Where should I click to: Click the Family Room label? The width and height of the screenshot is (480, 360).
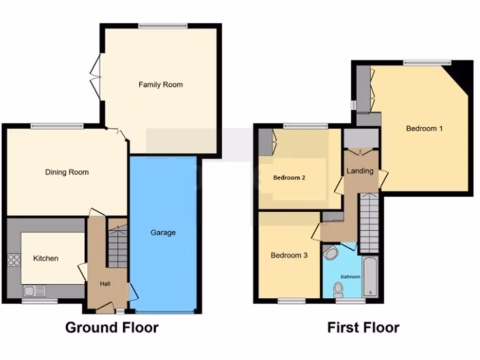click(x=160, y=85)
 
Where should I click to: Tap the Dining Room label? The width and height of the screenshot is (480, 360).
click(x=67, y=172)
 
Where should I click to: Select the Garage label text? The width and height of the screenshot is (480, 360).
click(x=163, y=232)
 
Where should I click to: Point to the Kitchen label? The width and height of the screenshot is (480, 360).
click(x=45, y=258)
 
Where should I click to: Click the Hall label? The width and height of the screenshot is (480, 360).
click(x=105, y=284)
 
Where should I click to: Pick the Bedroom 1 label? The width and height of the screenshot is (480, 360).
click(x=424, y=128)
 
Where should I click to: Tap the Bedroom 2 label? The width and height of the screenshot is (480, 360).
click(x=289, y=178)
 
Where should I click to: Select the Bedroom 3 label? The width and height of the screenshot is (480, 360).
click(x=289, y=255)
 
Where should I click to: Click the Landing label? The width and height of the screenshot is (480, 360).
click(x=360, y=171)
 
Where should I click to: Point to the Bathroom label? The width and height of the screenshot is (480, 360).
click(x=350, y=277)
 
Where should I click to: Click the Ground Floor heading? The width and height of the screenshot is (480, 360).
click(x=112, y=327)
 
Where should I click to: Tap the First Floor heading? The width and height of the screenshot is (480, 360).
click(x=363, y=327)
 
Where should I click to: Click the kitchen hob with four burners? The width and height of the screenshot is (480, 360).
click(x=14, y=260)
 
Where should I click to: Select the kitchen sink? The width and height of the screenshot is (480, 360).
click(x=34, y=291)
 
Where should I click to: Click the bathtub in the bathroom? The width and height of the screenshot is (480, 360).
click(x=370, y=277)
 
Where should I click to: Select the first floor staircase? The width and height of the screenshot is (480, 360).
click(x=369, y=223)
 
